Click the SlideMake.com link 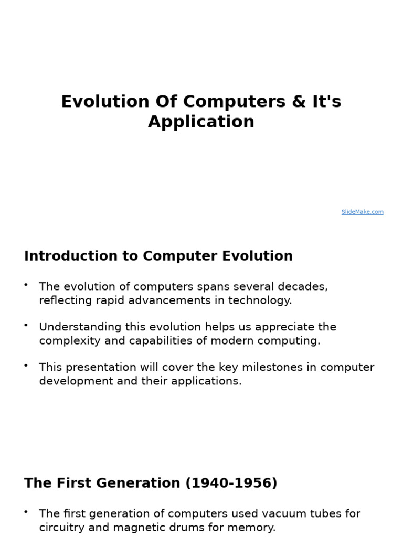(x=362, y=212)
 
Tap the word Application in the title (x=201, y=122)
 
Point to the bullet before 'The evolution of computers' (x=26, y=285)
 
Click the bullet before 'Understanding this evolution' (x=26, y=325)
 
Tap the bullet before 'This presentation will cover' (x=26, y=365)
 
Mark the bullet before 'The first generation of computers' (x=26, y=511)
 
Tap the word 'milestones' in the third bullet (x=271, y=367)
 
